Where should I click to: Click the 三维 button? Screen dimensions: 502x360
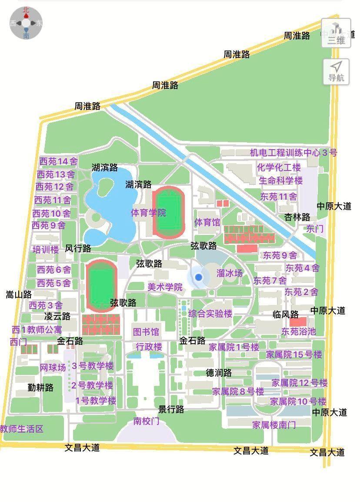[x=336, y=33]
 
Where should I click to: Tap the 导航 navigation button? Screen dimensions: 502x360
[x=336, y=72]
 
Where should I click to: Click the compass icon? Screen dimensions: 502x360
[x=26, y=23]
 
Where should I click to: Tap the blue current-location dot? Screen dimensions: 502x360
[x=199, y=277]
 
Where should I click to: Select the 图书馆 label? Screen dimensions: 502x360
[x=146, y=332]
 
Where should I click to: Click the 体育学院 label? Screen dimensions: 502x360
[x=148, y=213]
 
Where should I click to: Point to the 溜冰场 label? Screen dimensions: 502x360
[x=230, y=273]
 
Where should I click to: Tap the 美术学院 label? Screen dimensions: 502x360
[x=165, y=287]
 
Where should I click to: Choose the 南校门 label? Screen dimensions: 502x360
[x=146, y=421]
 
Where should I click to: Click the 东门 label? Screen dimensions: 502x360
[x=315, y=228]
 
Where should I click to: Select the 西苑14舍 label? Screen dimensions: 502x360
[x=59, y=161]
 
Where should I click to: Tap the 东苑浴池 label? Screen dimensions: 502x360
[x=299, y=331]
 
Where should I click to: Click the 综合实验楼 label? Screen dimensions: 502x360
[x=210, y=313]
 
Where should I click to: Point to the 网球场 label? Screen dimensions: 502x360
[x=53, y=368]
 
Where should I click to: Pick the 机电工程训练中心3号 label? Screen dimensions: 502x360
[x=293, y=153]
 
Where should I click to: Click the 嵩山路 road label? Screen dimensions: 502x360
[x=19, y=295]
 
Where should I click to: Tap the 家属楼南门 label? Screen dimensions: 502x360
[x=274, y=425]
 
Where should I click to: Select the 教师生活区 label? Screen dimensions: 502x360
[x=22, y=428]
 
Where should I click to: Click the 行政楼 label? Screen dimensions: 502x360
[x=149, y=347]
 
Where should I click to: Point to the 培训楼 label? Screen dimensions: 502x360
[x=46, y=250]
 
